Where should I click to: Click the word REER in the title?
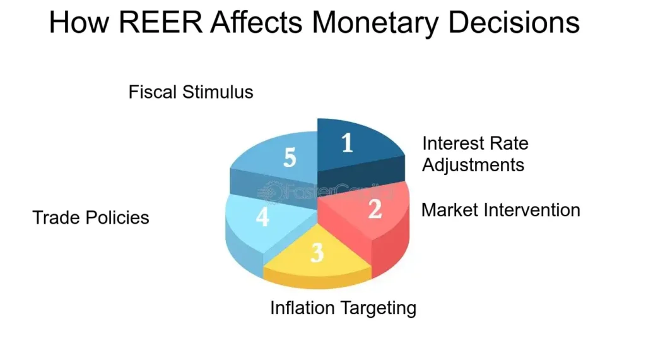point(161,22)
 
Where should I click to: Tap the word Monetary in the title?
point(375,23)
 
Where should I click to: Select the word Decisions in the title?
point(514,22)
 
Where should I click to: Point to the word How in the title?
point(79,22)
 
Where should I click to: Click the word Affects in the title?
point(256,22)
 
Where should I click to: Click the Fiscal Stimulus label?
point(191,92)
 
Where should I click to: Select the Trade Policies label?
point(91,217)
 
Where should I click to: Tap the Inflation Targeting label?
point(343,308)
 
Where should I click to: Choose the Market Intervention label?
point(500,210)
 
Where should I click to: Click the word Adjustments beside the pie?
point(473,165)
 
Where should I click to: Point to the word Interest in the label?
point(452,143)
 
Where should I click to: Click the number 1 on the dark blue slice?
point(348,143)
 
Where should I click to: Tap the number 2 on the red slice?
point(375,209)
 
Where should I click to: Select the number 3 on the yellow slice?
point(317,252)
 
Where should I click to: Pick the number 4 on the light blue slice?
point(262,216)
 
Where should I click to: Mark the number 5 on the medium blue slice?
point(290,157)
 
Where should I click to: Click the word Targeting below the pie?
point(377,308)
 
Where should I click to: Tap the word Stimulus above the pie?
point(218,92)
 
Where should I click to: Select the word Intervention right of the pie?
point(532,210)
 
